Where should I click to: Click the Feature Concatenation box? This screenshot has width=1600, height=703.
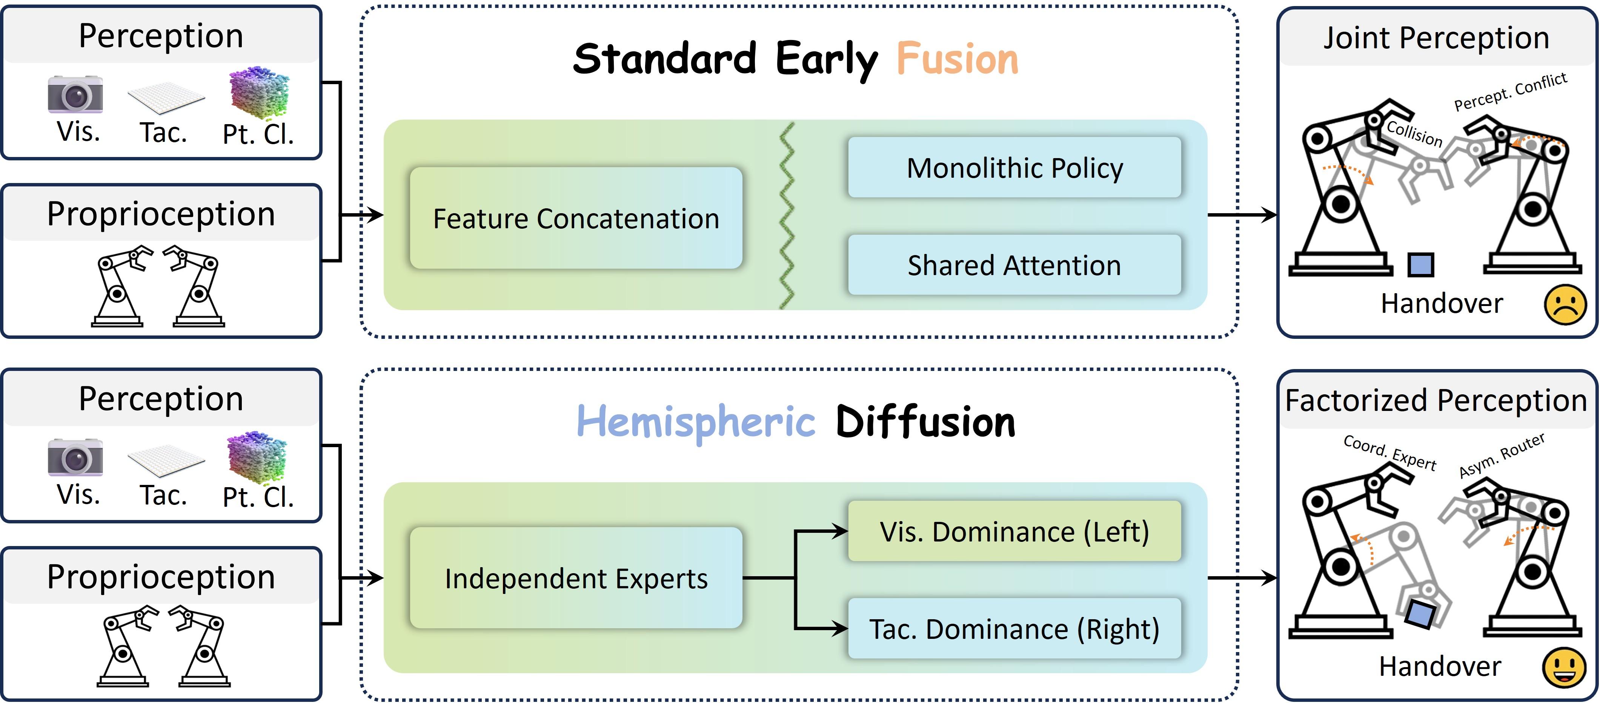[576, 218]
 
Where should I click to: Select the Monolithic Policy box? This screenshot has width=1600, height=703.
[1014, 168]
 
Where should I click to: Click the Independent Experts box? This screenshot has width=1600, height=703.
[576, 578]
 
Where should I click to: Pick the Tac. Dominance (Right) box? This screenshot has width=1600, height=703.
[1014, 629]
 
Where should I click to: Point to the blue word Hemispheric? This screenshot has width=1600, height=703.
[696, 422]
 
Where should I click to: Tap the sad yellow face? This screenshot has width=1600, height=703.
[1565, 304]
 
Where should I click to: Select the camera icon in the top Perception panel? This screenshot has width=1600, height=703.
[75, 94]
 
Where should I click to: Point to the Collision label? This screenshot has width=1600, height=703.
[1414, 133]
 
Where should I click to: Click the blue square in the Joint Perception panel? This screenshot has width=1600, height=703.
[1421, 265]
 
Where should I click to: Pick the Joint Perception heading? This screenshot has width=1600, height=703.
[1436, 37]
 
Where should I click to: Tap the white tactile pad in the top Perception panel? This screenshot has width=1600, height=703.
[166, 97]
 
